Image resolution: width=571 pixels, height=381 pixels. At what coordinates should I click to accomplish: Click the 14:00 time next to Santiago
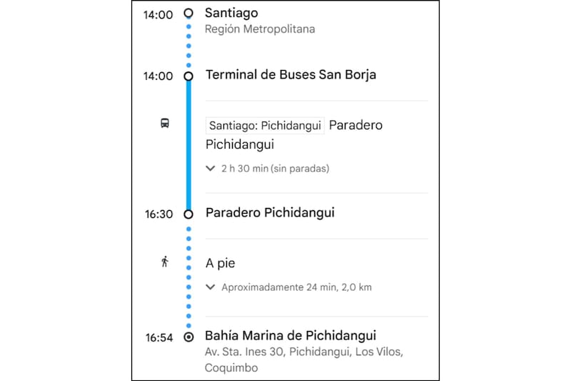158,14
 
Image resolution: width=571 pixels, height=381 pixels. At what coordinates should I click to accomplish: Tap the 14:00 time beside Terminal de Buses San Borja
158,76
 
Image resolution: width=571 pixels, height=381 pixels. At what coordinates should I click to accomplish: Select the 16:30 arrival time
158,214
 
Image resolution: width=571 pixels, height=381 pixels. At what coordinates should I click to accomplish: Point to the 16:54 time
158,337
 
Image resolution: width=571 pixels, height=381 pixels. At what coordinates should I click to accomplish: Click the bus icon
165,124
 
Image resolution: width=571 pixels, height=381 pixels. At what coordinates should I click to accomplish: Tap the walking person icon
165,262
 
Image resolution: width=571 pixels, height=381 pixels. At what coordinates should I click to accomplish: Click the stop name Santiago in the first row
231,13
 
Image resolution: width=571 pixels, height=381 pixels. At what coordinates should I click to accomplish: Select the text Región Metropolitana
259,29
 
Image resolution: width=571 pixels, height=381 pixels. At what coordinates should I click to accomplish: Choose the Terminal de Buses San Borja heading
290,74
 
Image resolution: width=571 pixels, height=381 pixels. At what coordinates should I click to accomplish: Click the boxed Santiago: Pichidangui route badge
265,126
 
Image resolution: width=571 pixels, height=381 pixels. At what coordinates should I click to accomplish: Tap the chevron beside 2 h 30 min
210,169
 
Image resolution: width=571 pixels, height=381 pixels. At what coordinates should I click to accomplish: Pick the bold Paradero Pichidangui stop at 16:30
270,212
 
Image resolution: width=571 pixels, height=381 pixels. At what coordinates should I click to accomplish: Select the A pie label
221,262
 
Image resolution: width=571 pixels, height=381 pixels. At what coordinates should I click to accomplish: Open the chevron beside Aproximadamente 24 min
210,287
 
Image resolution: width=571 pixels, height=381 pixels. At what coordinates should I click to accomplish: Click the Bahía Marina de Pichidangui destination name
290,335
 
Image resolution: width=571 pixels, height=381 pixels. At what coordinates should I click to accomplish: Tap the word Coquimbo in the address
231,367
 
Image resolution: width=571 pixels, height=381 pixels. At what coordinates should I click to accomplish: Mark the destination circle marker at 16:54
188,337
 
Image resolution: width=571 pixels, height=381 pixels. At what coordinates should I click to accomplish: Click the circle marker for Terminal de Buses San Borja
188,76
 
